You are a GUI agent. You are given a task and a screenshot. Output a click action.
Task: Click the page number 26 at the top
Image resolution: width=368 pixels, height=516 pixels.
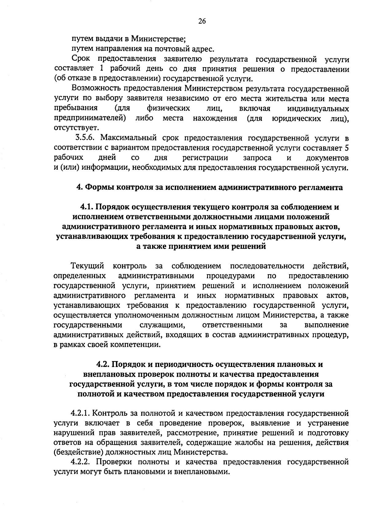[x=202, y=21]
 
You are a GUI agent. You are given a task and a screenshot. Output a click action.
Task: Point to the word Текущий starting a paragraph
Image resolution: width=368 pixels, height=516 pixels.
[x=87, y=266]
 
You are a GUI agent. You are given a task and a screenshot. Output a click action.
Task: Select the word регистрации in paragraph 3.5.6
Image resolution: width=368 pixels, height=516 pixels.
[x=205, y=158]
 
